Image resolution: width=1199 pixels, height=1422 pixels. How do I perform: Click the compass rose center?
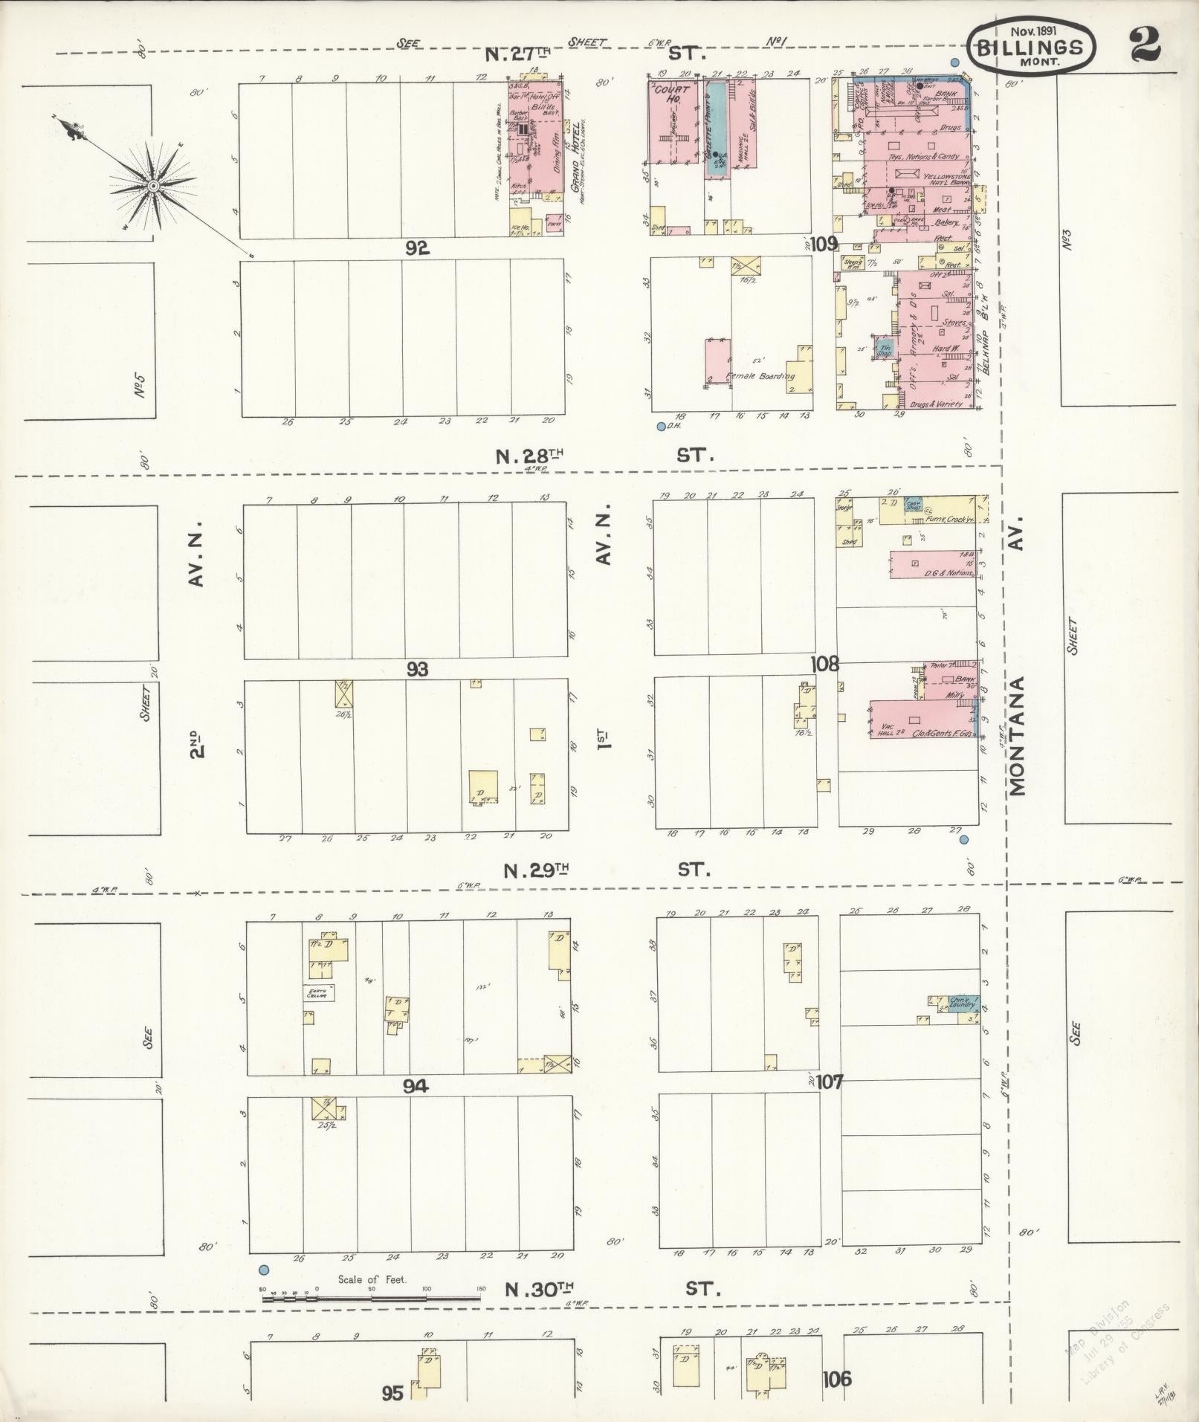point(152,185)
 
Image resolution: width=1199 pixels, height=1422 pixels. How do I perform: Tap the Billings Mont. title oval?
point(1031,47)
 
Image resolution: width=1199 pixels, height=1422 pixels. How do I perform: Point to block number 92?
point(417,249)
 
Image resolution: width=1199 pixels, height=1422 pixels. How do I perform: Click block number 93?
point(417,670)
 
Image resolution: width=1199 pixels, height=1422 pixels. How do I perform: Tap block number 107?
point(829,1082)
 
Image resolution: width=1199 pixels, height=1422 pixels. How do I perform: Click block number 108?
point(825,664)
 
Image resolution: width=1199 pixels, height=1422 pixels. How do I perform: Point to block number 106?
point(837,1380)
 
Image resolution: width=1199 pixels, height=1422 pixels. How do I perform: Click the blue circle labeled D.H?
point(661,427)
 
